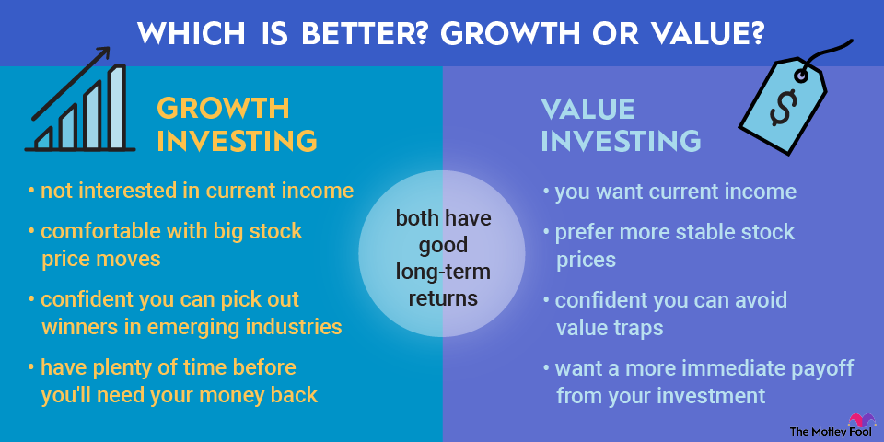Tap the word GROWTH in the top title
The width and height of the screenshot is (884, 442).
click(x=506, y=34)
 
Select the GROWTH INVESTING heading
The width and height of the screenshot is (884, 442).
click(x=237, y=124)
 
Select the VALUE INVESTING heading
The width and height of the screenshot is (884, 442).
click(x=620, y=124)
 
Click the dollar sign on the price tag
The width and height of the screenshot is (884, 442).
click(x=784, y=107)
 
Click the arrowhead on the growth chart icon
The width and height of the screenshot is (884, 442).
click(x=102, y=53)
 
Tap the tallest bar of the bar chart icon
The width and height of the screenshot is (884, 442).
click(x=117, y=107)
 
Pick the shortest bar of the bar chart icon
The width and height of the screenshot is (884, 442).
click(x=44, y=138)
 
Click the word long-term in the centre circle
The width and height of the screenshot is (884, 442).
click(x=443, y=272)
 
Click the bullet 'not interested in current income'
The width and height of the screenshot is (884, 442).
click(x=192, y=192)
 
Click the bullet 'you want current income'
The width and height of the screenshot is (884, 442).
click(x=669, y=192)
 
